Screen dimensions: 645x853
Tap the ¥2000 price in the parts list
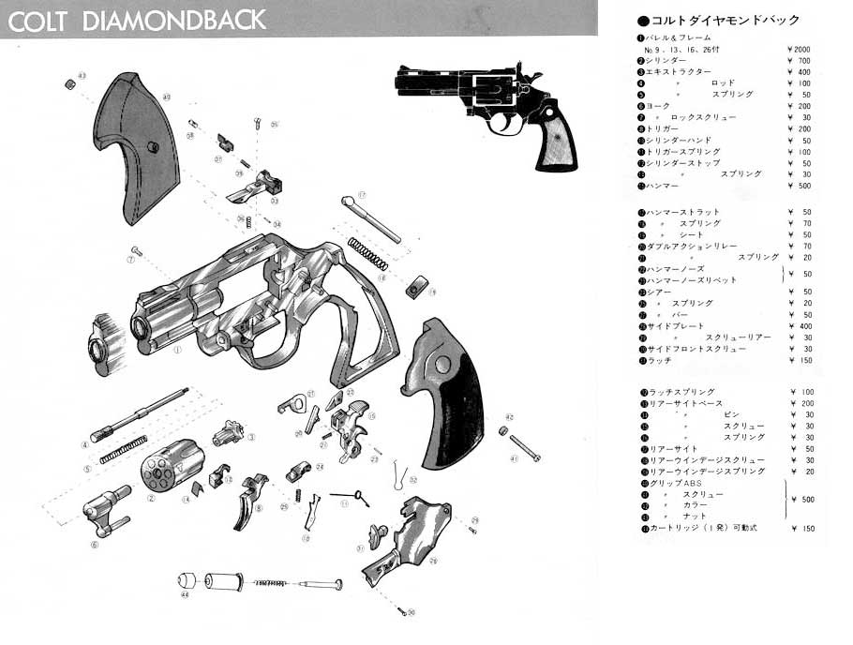coord(799,49)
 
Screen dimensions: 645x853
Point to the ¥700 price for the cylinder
coord(801,61)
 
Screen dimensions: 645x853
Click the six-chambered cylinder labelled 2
coord(172,468)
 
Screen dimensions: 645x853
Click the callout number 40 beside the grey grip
coord(166,97)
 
